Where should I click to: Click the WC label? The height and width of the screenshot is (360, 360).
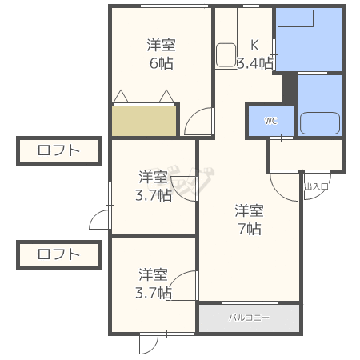[x=270, y=121]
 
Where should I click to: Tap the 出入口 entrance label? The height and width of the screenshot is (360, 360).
[x=316, y=186]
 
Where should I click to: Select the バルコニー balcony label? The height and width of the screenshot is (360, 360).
[x=250, y=318]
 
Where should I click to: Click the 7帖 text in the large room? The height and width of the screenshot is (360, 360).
[x=250, y=229]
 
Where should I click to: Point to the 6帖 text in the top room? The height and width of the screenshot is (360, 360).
[x=162, y=63]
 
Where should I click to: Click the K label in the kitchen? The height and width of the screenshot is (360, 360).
[x=254, y=45]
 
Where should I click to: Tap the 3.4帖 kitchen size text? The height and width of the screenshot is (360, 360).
[x=255, y=63]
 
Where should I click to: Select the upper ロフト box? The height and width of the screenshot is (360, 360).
[x=59, y=150]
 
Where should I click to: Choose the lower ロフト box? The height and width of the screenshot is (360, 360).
[x=59, y=254]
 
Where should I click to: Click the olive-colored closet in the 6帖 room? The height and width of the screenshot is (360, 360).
[x=144, y=121]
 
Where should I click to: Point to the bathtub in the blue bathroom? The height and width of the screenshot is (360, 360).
[x=320, y=123]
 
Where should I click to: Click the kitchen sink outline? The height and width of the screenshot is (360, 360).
[x=226, y=55]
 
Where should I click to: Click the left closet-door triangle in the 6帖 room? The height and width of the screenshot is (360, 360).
[x=121, y=96]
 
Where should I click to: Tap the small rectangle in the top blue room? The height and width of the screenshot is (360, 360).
[x=295, y=18]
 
